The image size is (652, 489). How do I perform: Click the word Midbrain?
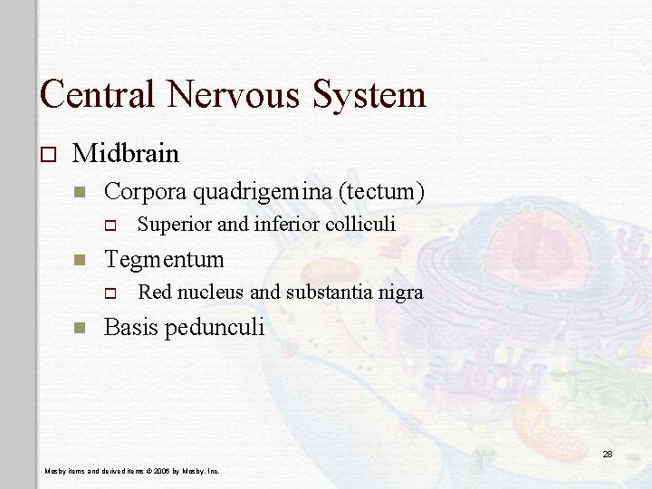click(x=126, y=153)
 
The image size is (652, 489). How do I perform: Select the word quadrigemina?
click(x=263, y=192)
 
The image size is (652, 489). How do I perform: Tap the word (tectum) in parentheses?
click(x=384, y=192)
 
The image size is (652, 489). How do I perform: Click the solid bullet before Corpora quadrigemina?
click(x=80, y=192)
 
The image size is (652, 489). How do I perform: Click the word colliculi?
click(x=361, y=225)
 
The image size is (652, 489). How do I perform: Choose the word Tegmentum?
click(x=164, y=260)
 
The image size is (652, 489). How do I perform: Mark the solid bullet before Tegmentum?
click(x=80, y=260)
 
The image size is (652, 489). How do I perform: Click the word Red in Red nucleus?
click(x=155, y=292)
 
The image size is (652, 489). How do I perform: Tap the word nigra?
click(x=399, y=292)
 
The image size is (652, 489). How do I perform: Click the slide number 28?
click(x=608, y=455)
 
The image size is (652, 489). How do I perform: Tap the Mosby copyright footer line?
click(x=132, y=471)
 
